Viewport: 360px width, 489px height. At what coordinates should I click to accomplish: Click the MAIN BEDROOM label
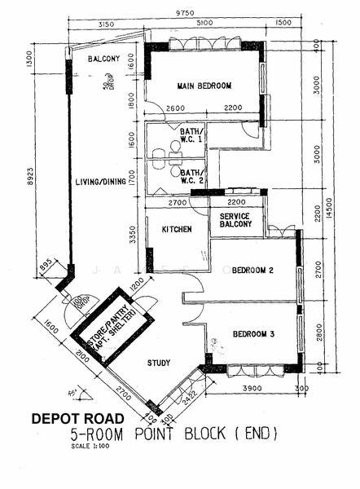(204, 86)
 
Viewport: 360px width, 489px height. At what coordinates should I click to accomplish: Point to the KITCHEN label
(176, 230)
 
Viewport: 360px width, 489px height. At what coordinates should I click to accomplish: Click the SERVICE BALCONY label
(235, 222)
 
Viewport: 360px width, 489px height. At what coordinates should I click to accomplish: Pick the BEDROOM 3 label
(253, 334)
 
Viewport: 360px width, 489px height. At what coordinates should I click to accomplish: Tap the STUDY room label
(158, 363)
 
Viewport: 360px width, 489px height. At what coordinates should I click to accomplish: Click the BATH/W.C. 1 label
(193, 136)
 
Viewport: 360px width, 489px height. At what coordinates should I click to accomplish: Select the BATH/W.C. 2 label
(193, 177)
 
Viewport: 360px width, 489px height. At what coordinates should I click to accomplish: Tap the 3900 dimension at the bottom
(252, 389)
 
